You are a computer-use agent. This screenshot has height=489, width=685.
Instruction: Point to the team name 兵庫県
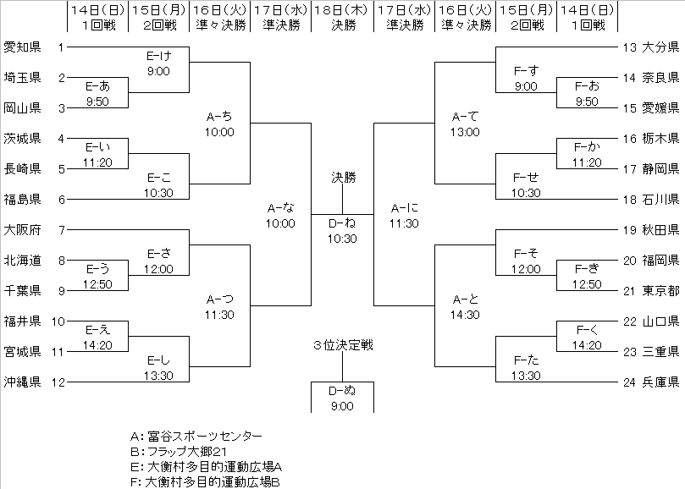[661, 381]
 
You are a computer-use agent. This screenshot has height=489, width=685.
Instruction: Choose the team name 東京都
[661, 289]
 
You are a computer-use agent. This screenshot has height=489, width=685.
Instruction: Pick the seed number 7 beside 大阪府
[61, 228]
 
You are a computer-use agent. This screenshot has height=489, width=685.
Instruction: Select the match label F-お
[587, 86]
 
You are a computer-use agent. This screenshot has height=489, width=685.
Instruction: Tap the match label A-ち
[219, 117]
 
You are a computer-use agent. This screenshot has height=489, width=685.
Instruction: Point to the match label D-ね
[342, 223]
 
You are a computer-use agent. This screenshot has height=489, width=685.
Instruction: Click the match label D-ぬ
[342, 391]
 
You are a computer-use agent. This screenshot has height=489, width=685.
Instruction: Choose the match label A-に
[405, 208]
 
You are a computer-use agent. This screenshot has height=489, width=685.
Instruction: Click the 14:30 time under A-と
[465, 315]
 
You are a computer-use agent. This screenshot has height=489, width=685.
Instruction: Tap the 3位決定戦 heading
[342, 344]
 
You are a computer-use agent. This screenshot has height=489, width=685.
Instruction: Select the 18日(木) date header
[342, 9]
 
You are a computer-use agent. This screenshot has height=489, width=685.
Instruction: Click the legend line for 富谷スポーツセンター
[196, 437]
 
